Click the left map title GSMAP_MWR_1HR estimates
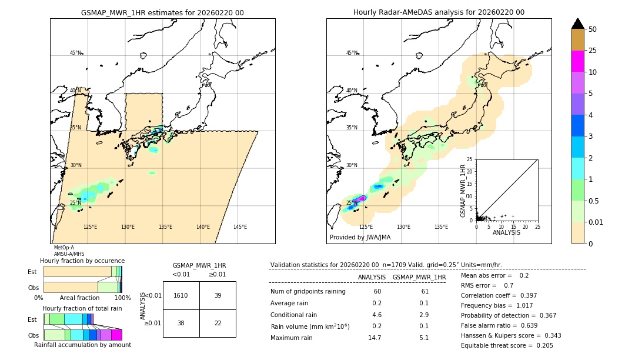[162, 12]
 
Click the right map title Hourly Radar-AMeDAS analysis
[439, 12]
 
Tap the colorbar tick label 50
[593, 29]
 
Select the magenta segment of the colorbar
[578, 61]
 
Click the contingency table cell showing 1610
[181, 295]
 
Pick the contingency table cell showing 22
[218, 324]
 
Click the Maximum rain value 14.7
[375, 338]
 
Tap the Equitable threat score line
[507, 345]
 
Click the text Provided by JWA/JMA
[360, 238]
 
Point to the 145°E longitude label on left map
[240, 227]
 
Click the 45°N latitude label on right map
[352, 53]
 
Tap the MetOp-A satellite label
[63, 248]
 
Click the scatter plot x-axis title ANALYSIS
[506, 232]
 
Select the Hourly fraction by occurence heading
[82, 261]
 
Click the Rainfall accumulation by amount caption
[82, 345]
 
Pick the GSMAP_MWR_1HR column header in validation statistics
[419, 277]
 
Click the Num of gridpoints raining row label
[308, 292]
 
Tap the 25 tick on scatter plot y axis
[470, 159]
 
